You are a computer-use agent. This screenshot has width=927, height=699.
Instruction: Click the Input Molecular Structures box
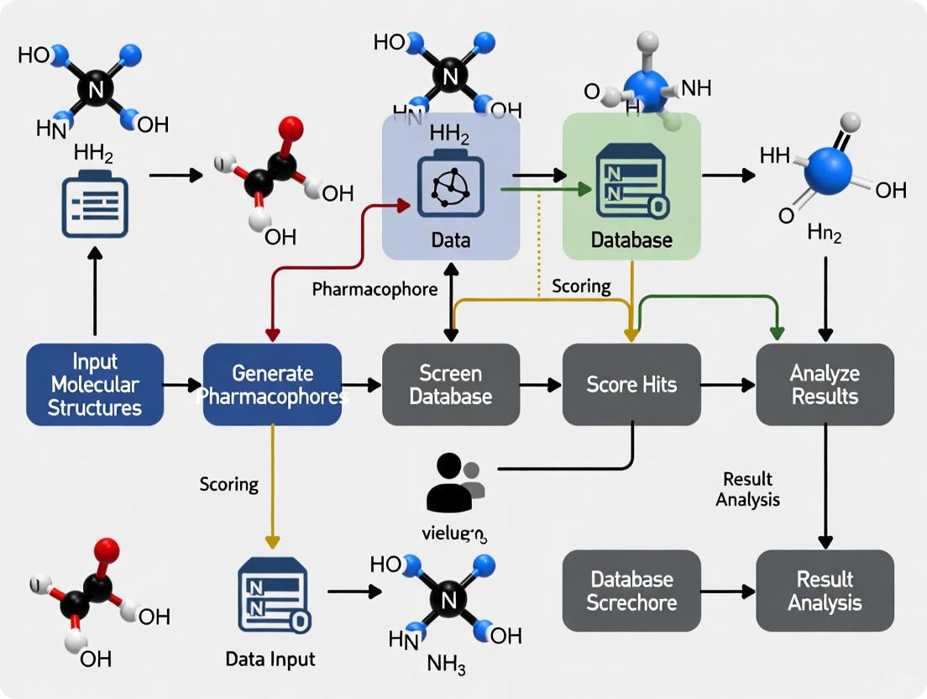(x=95, y=385)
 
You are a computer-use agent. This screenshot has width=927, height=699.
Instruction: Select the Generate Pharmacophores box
(x=272, y=385)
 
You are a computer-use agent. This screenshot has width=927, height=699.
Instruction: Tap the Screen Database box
(x=451, y=385)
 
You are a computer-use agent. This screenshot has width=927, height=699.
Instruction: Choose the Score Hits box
(x=631, y=385)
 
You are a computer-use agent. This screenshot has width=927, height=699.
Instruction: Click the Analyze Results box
(x=825, y=385)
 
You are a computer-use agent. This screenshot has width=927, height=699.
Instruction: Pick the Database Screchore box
(x=631, y=591)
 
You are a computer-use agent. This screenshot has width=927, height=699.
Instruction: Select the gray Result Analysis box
(x=825, y=591)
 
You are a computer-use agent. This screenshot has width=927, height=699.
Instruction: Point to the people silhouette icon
(x=454, y=483)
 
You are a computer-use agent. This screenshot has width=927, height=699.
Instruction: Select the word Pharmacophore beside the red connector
(x=374, y=290)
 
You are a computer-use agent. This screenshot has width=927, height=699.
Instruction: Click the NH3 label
(x=445, y=665)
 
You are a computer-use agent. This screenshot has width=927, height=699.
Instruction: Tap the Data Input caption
(x=270, y=659)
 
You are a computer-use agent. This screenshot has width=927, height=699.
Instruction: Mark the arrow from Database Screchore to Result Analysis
(x=727, y=591)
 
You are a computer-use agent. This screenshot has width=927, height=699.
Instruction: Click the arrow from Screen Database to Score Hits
(x=541, y=386)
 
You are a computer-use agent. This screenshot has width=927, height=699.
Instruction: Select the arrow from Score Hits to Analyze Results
(x=727, y=386)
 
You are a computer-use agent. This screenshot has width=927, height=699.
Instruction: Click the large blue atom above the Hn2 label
(x=828, y=171)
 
